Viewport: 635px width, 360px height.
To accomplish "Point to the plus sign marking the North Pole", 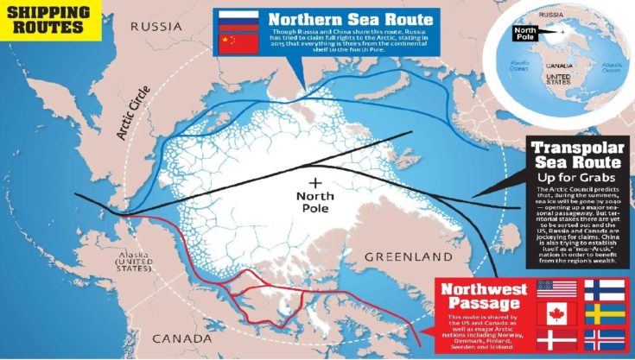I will click(x=315, y=182).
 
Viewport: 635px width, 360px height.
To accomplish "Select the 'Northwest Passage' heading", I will click(x=478, y=296).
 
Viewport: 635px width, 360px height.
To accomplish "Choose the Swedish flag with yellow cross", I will click(x=605, y=313).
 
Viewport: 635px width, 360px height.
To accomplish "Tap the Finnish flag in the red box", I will click(x=605, y=288).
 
